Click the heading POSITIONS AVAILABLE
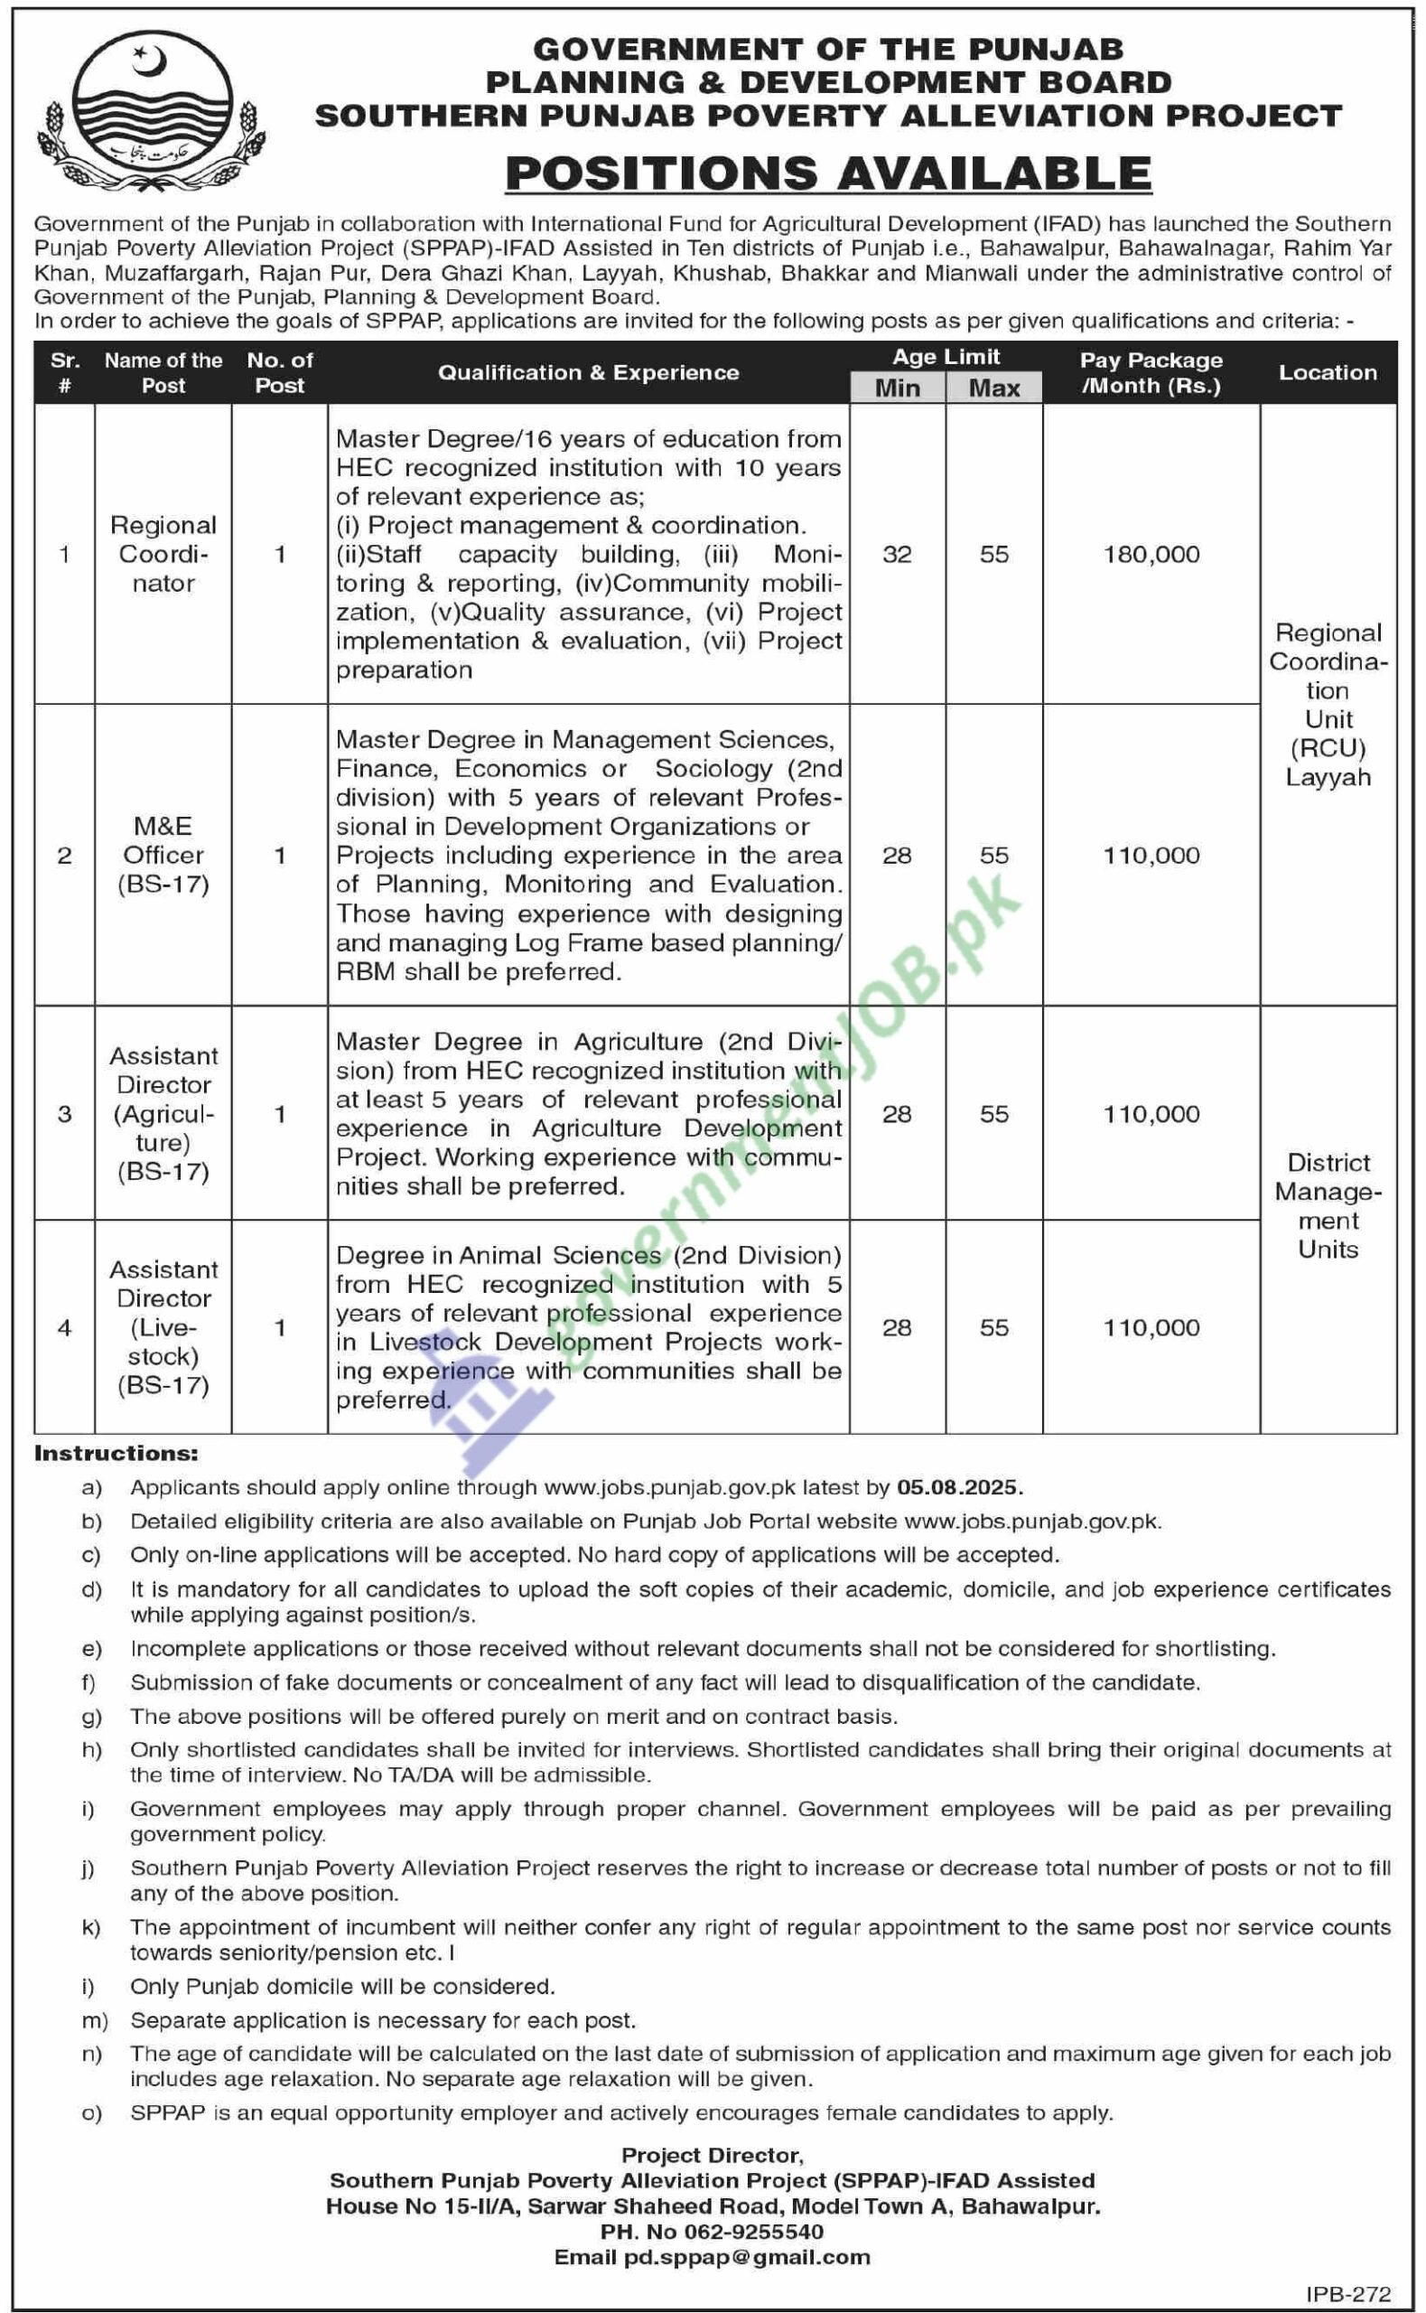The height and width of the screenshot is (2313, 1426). [828, 173]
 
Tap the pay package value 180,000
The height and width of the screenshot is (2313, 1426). [1151, 555]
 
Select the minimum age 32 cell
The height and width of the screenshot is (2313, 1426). [897, 555]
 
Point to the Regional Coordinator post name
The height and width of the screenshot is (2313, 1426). [163, 555]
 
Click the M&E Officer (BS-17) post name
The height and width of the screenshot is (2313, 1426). [163, 855]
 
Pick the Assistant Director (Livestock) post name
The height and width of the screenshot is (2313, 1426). [163, 1327]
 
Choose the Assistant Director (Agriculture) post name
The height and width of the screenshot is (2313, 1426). [163, 1113]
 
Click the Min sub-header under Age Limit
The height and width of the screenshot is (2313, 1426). [897, 388]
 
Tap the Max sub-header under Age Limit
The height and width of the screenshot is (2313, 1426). [994, 388]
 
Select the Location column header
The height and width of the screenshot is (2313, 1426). [1327, 372]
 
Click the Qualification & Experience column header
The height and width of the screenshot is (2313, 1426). [588, 372]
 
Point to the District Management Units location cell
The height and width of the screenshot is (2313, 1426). [1327, 1205]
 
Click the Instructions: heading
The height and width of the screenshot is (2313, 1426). [116, 1454]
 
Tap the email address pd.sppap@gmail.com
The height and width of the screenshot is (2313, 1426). [752, 2256]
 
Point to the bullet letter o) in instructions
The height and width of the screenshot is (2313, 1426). [91, 2113]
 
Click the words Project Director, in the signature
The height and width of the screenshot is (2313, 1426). [712, 2156]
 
